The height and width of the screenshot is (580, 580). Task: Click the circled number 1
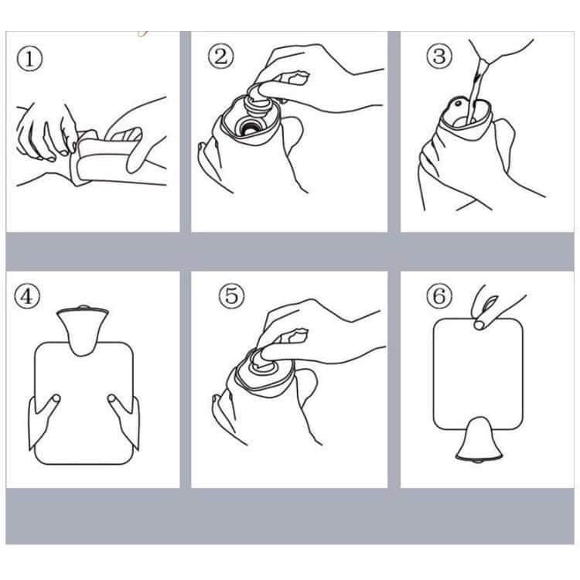click(x=29, y=60)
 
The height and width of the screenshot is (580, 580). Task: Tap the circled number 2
click(x=220, y=57)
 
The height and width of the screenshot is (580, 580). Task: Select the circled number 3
click(x=439, y=57)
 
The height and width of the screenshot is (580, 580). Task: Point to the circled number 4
click(x=26, y=296)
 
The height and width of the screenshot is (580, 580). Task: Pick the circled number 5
click(x=231, y=296)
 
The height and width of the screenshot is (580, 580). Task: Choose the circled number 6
click(x=439, y=296)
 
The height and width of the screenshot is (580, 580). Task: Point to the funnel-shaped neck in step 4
click(x=83, y=329)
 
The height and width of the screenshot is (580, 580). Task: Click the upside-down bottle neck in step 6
click(x=479, y=439)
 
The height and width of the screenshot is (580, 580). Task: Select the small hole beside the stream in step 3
click(x=459, y=104)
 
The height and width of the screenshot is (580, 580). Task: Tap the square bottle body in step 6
click(x=478, y=374)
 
